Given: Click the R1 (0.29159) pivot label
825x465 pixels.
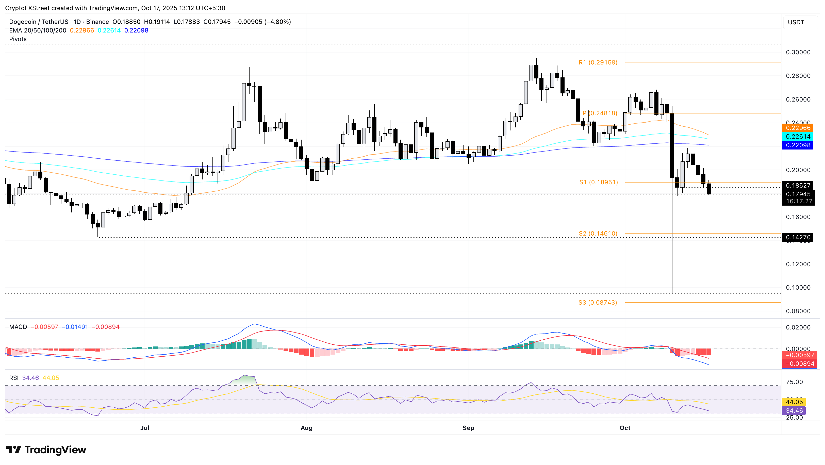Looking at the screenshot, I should point(598,62).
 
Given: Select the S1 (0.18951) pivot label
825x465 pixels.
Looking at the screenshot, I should point(598,182).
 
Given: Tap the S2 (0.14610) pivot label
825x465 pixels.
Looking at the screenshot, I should point(598,234).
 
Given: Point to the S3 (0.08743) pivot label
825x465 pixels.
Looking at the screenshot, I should point(598,303).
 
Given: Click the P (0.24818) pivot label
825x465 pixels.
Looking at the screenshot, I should point(600,113).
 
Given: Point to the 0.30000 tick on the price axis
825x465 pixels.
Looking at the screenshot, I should point(798,52).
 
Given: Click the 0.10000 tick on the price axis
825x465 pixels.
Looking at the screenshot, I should point(798,288).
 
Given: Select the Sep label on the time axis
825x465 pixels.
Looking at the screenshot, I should point(468,428).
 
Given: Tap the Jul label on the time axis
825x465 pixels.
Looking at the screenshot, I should point(145,428).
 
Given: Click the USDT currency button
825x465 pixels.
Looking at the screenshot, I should point(796,22).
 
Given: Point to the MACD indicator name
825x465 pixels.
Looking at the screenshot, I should point(18,327).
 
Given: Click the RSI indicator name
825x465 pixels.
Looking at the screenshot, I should point(14,378).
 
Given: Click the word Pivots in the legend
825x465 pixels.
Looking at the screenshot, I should point(18,39).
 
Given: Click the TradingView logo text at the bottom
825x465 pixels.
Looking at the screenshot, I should point(55,450).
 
